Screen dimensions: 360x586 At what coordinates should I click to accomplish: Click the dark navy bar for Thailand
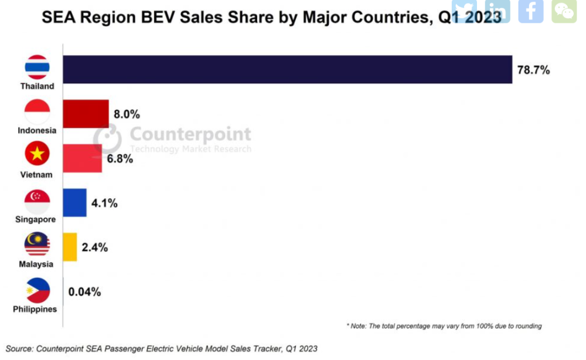pyautogui.click(x=287, y=70)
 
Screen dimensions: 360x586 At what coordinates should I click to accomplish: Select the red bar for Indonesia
pyautogui.click(x=86, y=113)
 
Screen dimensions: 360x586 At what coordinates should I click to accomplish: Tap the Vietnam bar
pyautogui.click(x=82, y=158)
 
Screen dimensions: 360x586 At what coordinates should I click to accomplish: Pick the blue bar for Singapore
pyautogui.click(x=74, y=203)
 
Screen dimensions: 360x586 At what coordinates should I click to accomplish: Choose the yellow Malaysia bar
pyautogui.click(x=70, y=247)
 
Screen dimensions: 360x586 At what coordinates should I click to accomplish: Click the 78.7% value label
pyautogui.click(x=533, y=70)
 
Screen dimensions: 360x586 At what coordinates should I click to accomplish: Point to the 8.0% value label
pyautogui.click(x=127, y=114)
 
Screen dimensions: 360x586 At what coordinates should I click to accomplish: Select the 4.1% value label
pyautogui.click(x=104, y=203)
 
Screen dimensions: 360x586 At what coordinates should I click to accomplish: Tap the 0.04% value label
pyautogui.click(x=84, y=291)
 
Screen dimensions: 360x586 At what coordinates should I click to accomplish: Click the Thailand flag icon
pyautogui.click(x=37, y=67)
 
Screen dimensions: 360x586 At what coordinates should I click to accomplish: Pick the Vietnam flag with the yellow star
pyautogui.click(x=37, y=154)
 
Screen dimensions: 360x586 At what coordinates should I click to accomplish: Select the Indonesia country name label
pyautogui.click(x=37, y=130)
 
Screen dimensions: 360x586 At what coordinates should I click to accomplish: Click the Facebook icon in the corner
pyautogui.click(x=530, y=11)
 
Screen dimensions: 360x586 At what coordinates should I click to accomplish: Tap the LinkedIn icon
pyautogui.click(x=498, y=11)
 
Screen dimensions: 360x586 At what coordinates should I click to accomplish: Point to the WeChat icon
pyautogui.click(x=564, y=11)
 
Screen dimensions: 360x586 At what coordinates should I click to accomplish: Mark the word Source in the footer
pyautogui.click(x=19, y=348)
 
